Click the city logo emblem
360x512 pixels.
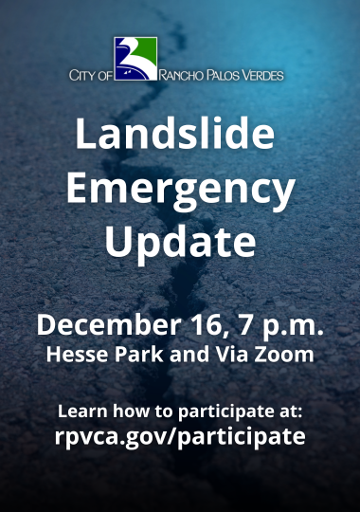[135, 59]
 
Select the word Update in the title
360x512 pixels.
[180, 243]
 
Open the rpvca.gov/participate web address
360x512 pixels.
[180, 437]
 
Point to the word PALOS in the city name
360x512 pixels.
[225, 75]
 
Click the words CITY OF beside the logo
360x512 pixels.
[92, 75]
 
